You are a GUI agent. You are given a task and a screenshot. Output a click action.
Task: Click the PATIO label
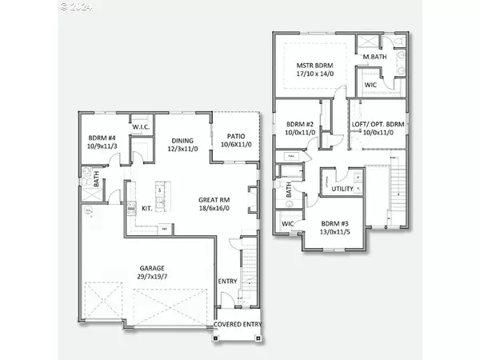click(x=236, y=135)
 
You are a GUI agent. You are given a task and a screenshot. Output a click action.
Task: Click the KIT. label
click(x=147, y=208)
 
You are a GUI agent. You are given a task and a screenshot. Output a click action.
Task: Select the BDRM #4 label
click(x=102, y=137)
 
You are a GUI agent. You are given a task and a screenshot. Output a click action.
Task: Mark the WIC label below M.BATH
click(x=370, y=84)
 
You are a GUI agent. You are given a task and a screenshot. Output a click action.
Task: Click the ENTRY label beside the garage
click(x=228, y=282)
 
